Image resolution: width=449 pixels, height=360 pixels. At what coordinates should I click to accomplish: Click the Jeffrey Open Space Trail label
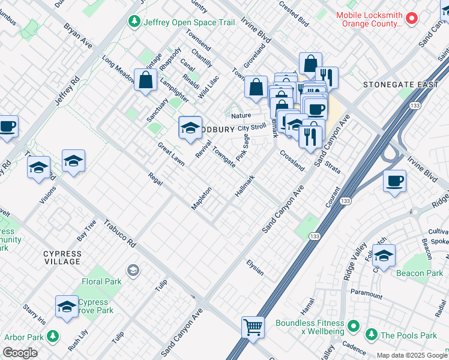click(180, 22)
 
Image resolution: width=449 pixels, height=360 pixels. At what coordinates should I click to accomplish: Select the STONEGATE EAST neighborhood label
click(400, 85)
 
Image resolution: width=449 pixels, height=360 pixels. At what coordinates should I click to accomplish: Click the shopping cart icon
click(253, 327)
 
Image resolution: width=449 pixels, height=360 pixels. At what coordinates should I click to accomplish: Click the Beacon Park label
click(420, 273)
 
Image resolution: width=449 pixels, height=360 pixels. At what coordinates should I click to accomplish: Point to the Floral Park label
click(101, 281)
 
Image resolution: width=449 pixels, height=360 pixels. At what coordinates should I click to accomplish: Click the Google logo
click(20, 353)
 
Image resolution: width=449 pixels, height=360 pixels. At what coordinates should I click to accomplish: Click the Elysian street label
click(255, 268)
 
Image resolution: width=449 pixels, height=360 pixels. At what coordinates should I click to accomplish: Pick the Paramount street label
click(367, 294)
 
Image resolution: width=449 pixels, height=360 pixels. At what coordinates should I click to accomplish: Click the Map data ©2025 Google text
click(412, 355)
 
